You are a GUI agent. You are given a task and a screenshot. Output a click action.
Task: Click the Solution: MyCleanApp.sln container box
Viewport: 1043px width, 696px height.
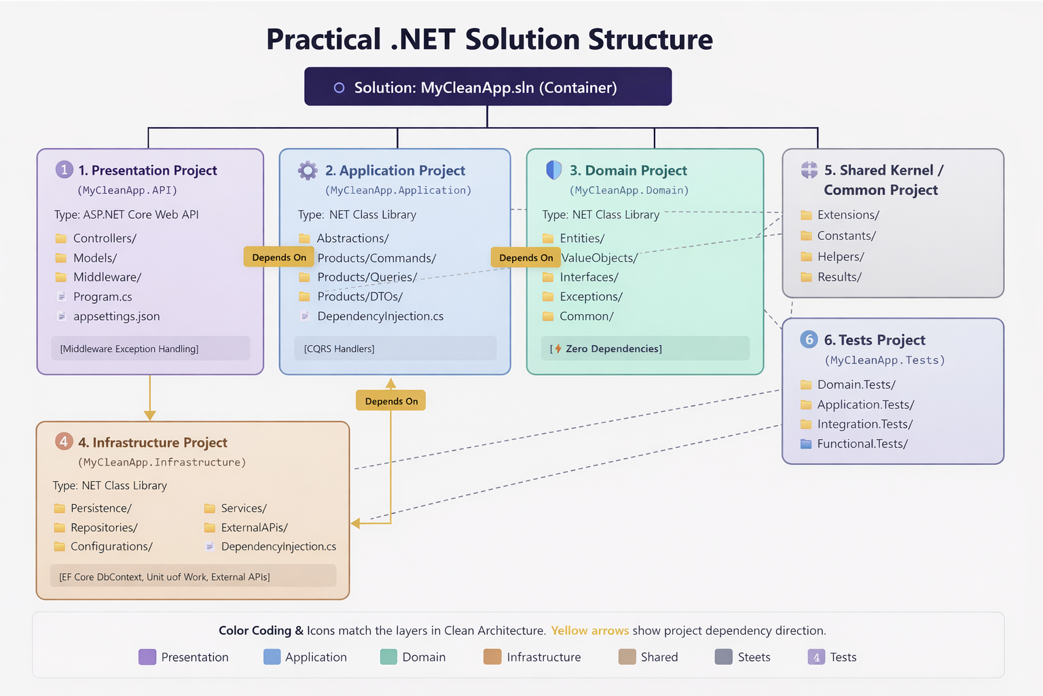(488, 87)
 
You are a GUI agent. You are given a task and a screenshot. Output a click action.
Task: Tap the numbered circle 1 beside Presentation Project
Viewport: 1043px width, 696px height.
(64, 170)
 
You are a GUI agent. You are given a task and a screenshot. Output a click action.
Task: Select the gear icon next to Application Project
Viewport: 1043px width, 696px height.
(308, 171)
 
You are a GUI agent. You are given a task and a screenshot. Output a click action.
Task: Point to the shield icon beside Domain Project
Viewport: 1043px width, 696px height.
(554, 170)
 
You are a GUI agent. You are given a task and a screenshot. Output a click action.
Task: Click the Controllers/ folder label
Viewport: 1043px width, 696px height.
(105, 239)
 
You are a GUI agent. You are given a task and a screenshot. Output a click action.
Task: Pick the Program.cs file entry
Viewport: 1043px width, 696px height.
(103, 297)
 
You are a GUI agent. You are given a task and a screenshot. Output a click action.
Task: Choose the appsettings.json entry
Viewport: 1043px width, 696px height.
(116, 317)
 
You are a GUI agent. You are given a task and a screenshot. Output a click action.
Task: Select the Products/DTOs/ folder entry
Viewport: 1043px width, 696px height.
(360, 297)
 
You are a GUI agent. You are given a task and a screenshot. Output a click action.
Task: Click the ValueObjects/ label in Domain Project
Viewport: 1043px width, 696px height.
(600, 258)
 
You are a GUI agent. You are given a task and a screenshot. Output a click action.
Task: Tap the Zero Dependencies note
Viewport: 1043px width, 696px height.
(613, 349)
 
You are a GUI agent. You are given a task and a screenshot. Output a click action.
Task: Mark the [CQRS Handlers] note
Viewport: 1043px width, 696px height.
(340, 349)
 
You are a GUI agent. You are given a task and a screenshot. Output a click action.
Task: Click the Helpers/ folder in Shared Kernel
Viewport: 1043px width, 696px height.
(841, 257)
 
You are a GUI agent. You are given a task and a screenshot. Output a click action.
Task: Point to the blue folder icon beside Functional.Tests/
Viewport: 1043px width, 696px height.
(806, 444)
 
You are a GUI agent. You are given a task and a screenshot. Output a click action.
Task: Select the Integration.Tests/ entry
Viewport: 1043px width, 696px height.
(864, 424)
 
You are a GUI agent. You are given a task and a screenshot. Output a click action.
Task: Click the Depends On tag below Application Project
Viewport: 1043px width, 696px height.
(391, 401)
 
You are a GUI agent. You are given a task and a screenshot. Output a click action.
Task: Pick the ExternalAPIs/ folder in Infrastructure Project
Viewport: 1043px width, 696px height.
(254, 527)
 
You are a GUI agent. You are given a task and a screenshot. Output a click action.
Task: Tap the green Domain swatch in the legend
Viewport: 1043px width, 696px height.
(388, 657)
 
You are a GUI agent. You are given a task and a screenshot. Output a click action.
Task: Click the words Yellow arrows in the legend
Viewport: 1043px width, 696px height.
(589, 631)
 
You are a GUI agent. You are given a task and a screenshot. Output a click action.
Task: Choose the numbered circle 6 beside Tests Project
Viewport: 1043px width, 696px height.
(809, 339)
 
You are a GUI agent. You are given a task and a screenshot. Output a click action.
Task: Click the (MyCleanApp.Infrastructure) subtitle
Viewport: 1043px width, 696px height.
(162, 462)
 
